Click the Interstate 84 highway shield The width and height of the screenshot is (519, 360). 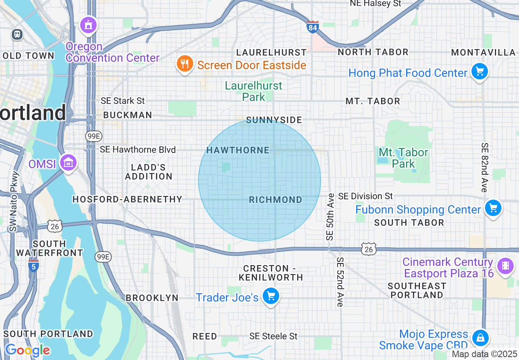pos(312,27)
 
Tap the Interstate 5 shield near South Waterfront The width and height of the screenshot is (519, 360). pos(33,265)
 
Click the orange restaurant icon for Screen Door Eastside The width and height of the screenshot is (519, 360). pos(185,64)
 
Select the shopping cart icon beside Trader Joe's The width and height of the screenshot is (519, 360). pos(271,296)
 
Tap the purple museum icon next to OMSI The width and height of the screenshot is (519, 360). pos(68,163)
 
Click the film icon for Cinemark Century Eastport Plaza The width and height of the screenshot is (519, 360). pos(505,266)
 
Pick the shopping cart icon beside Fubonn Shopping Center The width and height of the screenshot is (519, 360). pos(493,208)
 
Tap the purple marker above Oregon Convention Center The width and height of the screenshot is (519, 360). pos(88,25)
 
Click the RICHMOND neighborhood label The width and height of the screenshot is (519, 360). pos(275,200)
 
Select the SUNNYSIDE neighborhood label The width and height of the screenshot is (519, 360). pos(274,120)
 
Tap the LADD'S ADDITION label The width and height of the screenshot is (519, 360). pos(149,172)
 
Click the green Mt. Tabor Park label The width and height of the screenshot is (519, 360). pos(403,158)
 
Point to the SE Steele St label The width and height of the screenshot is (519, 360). pos(273,336)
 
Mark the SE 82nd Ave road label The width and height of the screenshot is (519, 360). pos(485,167)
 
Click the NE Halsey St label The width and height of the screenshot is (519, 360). pos(375,4)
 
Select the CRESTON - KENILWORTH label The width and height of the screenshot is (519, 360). pos(271,273)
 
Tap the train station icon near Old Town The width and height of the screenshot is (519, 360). pos(17,34)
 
